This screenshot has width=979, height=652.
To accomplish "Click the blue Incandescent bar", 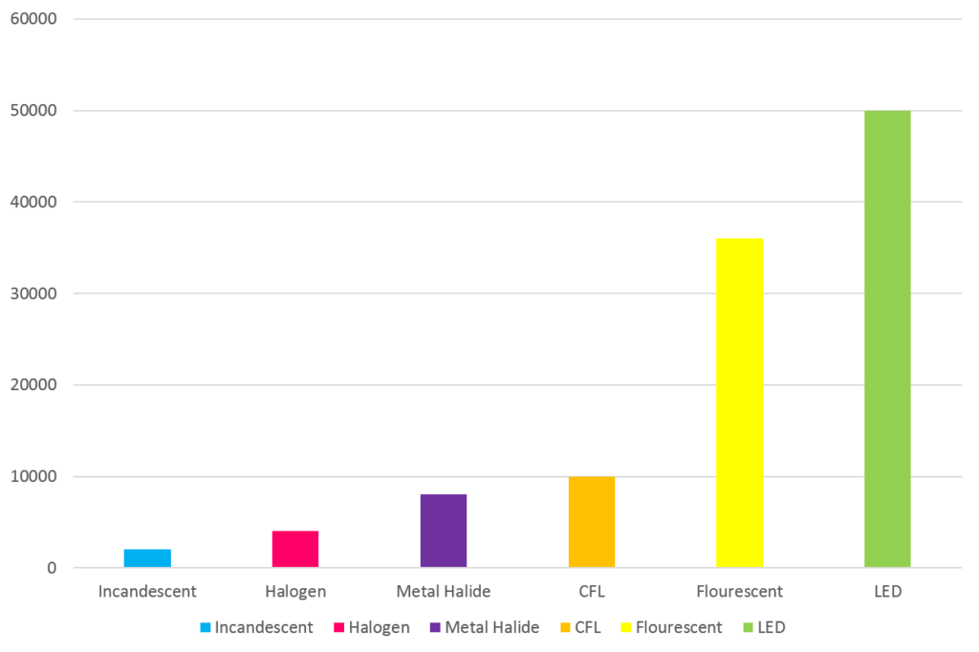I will tap(147, 558).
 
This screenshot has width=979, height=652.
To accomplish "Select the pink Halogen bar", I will tap(295, 549).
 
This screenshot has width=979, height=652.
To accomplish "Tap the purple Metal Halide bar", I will tap(444, 531).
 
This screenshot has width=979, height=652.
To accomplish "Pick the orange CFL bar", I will tap(592, 522).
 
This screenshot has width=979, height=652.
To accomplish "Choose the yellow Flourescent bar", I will tap(740, 402).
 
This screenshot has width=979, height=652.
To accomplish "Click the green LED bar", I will tap(887, 339).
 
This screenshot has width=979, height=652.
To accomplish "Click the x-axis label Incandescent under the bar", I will tap(147, 592).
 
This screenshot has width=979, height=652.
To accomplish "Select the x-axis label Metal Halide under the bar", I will tap(444, 592).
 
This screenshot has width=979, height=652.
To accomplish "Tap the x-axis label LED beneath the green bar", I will tap(887, 592).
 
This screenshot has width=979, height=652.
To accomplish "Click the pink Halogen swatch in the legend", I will tap(339, 628).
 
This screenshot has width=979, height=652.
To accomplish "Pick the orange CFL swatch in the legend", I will tap(565, 628).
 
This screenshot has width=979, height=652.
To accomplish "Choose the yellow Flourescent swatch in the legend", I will tap(626, 628).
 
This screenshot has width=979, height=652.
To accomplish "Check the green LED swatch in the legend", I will tap(747, 628).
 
